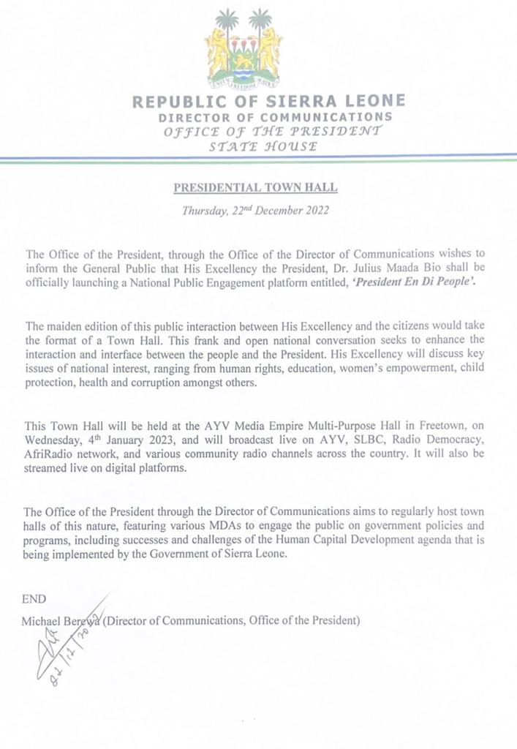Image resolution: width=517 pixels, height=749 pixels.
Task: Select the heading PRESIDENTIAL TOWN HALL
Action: click(x=255, y=187)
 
